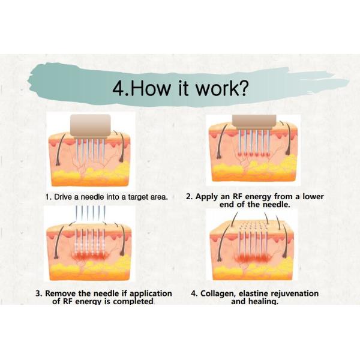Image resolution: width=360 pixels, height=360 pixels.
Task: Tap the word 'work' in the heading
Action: tap(215, 88)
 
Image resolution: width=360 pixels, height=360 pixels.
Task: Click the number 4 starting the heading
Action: tap(119, 89)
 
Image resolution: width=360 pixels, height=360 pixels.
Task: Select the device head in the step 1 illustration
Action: tap(91, 127)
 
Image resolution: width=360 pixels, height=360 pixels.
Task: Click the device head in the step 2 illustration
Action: tap(254, 122)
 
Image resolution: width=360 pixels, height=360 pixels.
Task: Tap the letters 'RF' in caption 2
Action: tap(238, 197)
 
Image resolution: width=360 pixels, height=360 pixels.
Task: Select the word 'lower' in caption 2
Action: tap(313, 197)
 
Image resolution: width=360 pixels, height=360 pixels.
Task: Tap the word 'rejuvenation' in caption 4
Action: tap(295, 294)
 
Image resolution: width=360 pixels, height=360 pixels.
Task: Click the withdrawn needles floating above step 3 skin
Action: tap(91, 212)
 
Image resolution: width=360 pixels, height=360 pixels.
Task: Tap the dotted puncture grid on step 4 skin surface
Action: tap(253, 226)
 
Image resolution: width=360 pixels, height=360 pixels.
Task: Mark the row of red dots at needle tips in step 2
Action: tap(254, 154)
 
